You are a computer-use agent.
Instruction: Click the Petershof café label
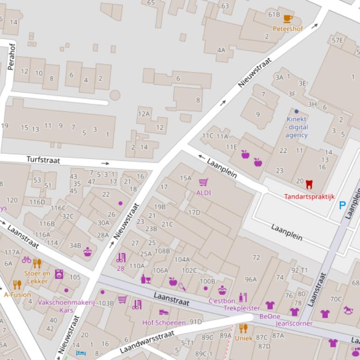coord(288,29)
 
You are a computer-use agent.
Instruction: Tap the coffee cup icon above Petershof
coord(288,19)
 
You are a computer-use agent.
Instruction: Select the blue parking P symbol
coord(342,205)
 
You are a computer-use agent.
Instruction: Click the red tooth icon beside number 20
coord(309,184)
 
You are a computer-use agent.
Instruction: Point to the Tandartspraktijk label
coord(309,196)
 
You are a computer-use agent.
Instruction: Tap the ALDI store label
coord(204,193)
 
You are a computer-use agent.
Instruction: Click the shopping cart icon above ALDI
coord(203,182)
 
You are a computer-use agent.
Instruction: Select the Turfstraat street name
coord(43,160)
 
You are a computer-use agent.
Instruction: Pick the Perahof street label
coord(12,57)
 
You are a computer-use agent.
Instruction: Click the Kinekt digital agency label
coord(297,127)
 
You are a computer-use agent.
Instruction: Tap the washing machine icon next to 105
coord(59,274)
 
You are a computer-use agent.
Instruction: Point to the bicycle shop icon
coord(26,259)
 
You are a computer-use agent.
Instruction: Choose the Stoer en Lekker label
coord(37,277)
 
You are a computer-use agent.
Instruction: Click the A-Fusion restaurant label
coord(17,295)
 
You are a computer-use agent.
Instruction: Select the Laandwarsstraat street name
coord(147,342)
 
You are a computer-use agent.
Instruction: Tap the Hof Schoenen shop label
coord(164,323)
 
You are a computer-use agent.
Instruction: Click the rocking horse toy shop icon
coord(348,310)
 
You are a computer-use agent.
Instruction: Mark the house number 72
coord(256,257)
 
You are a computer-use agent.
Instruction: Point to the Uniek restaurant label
coord(243,338)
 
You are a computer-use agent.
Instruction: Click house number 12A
coord(144,114)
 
